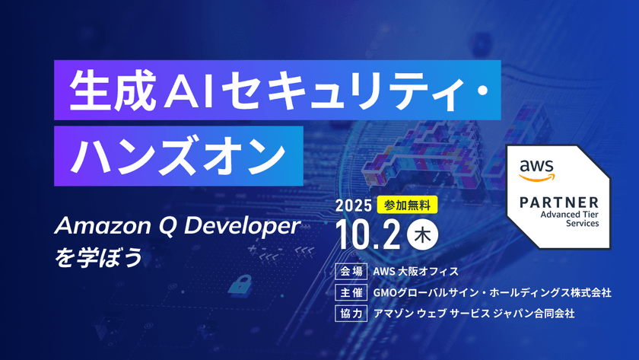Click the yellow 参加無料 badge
[407, 205]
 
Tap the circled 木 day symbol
[424, 234]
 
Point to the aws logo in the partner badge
[537, 170]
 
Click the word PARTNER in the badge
[559, 202]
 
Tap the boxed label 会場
[351, 271]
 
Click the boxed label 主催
[351, 292]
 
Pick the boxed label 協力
[351, 313]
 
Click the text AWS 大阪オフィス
[415, 271]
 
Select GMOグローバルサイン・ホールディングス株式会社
[492, 292]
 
